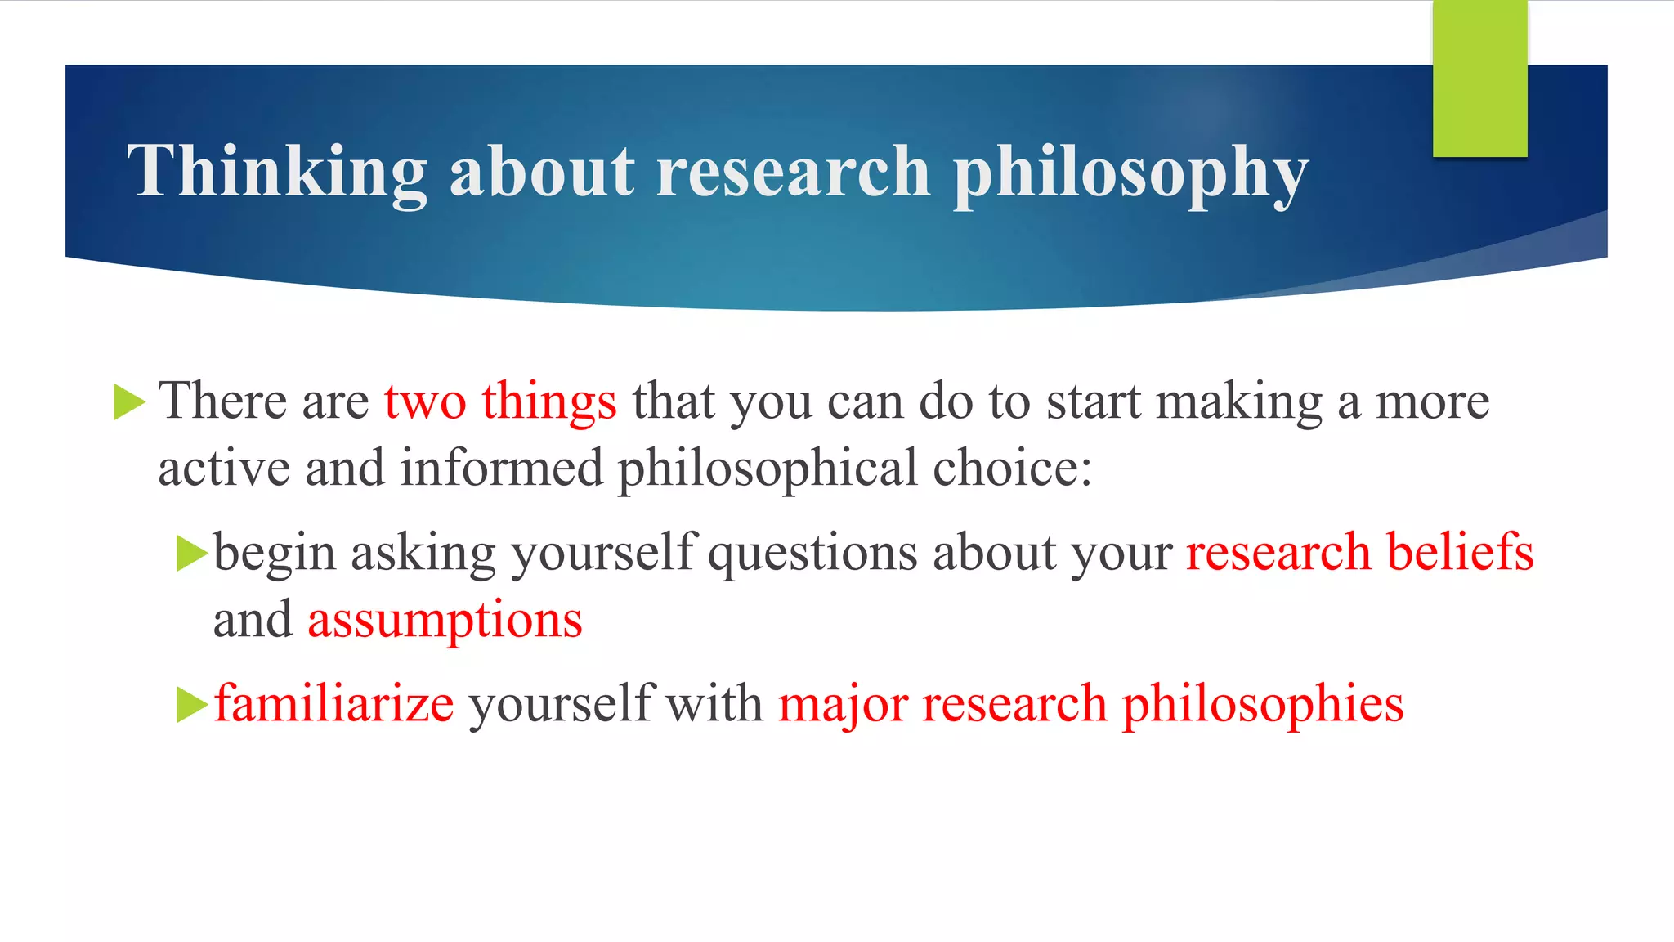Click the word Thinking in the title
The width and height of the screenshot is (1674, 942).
tap(276, 172)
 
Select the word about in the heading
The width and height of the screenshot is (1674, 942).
tap(542, 172)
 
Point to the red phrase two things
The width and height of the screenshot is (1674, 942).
tap(500, 401)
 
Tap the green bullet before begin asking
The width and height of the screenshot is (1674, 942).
tap(192, 554)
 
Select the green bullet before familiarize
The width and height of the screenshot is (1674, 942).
tap(192, 704)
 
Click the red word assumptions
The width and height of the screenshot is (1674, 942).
tap(445, 620)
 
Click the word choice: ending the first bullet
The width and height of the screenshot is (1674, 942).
tap(1012, 469)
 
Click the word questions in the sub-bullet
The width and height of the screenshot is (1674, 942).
tap(812, 552)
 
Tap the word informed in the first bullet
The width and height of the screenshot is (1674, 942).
tap(501, 469)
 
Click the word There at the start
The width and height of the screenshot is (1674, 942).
tap(222, 401)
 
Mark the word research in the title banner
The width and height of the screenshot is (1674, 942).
tap(793, 172)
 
